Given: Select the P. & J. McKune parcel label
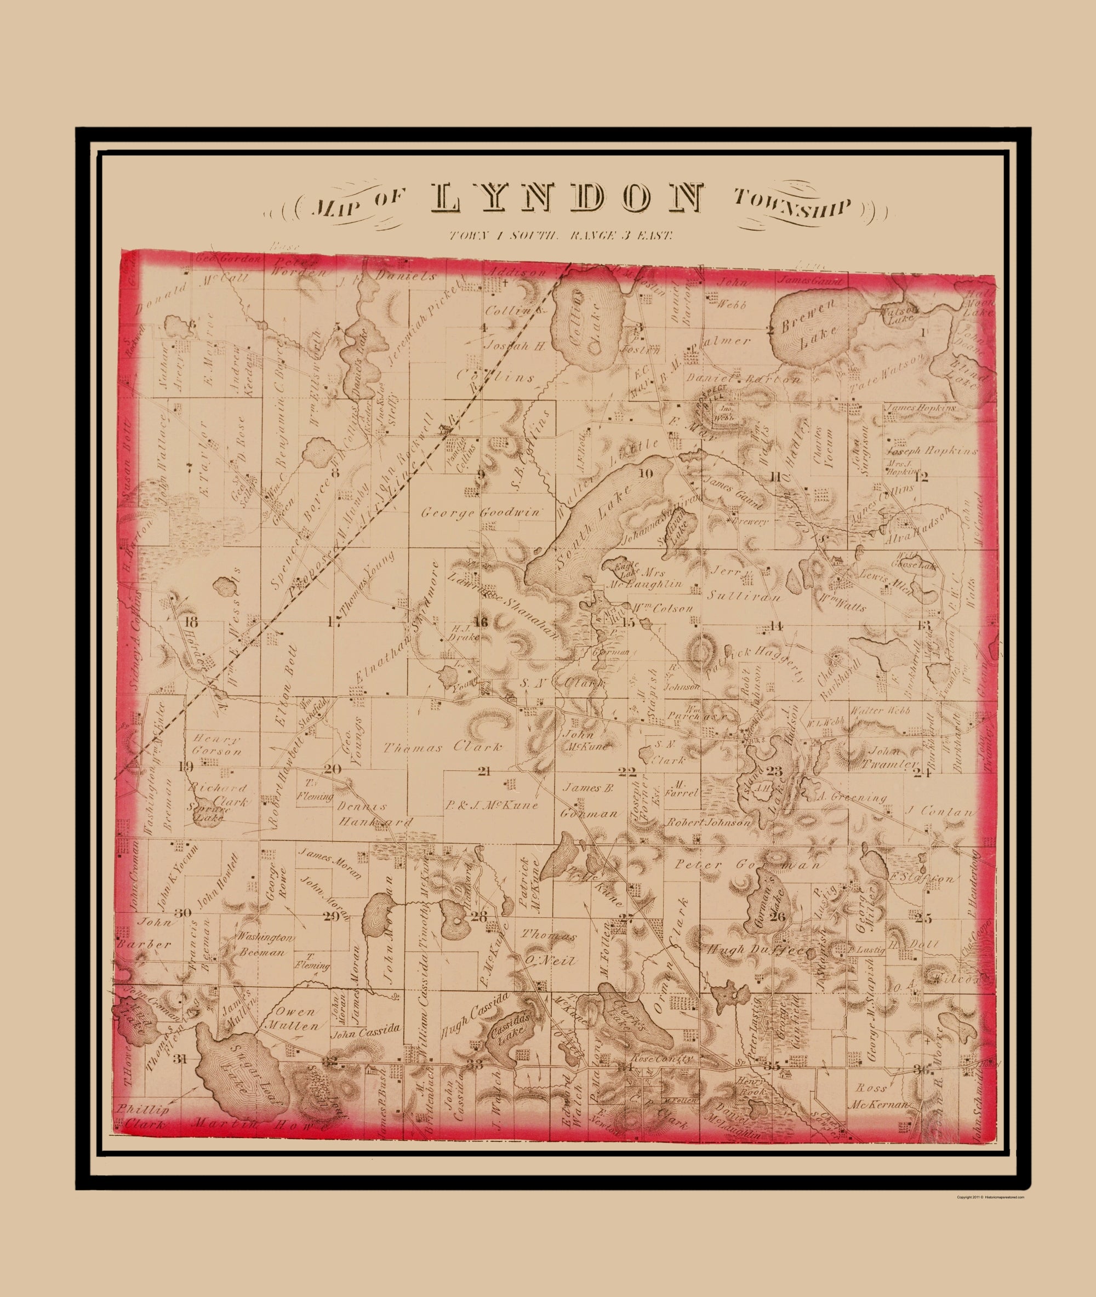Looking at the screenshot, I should point(491,806).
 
